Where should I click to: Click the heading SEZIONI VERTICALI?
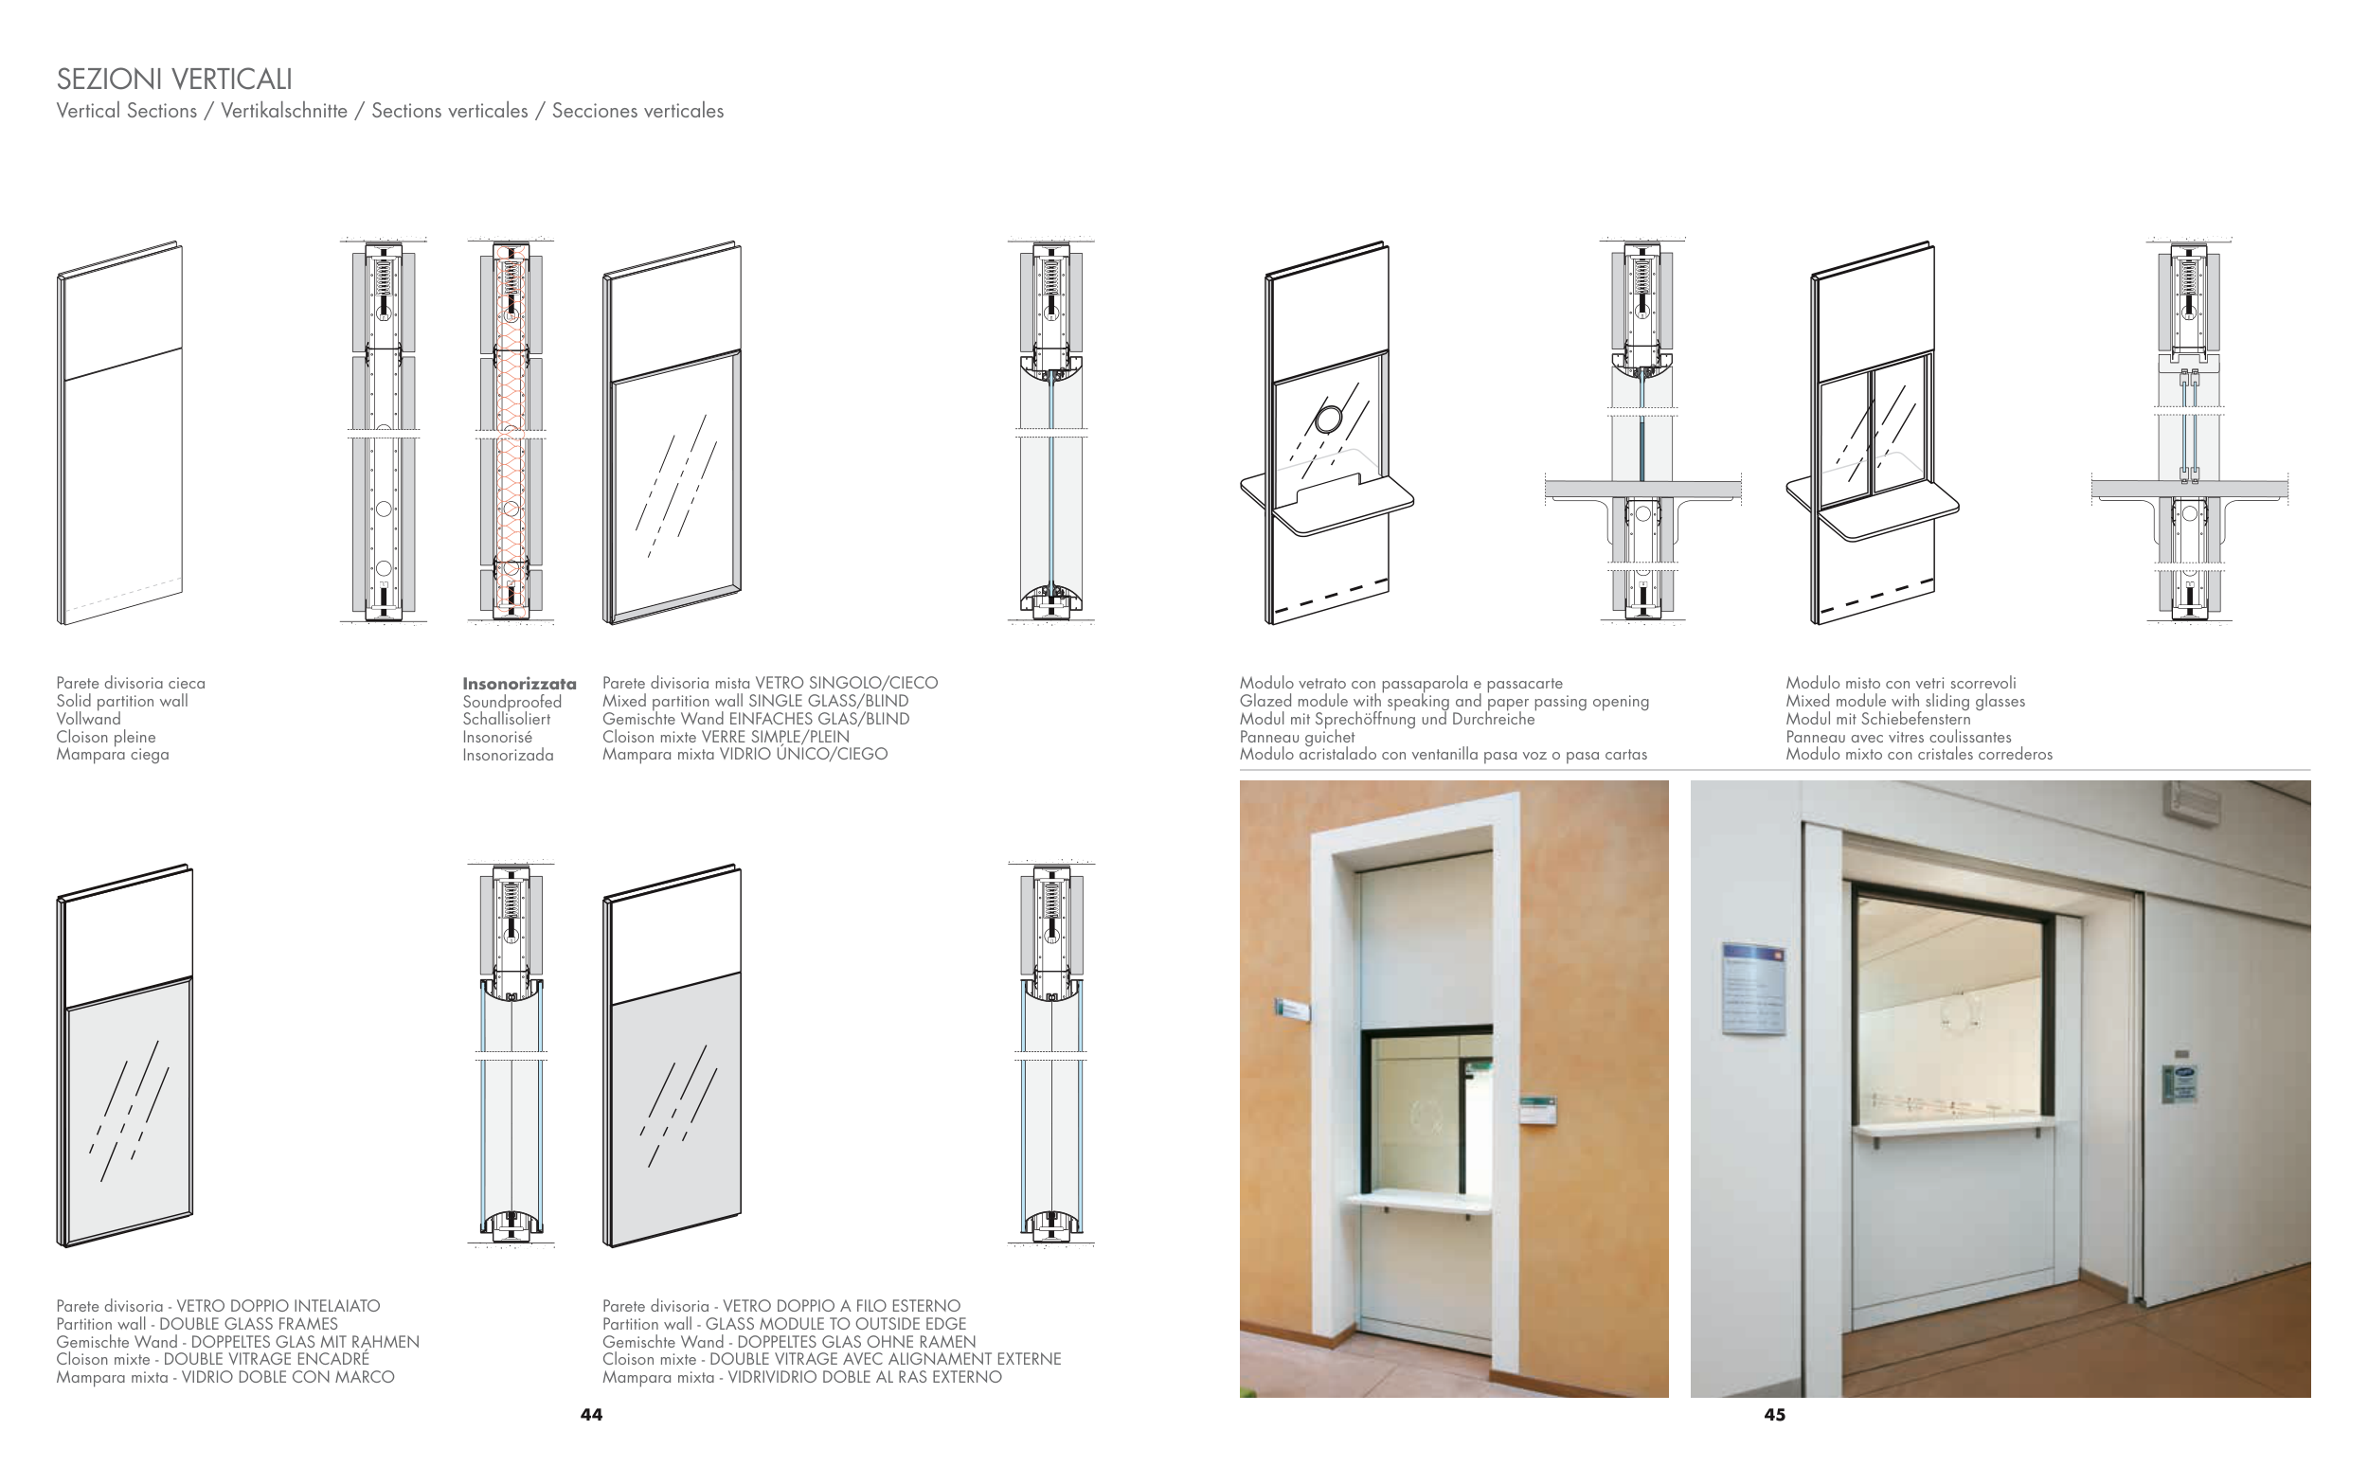tap(174, 79)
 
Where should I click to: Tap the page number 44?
tap(591, 1415)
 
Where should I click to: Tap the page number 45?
tap(1774, 1415)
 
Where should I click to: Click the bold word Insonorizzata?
tap(519, 684)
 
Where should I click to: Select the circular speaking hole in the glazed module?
tap(1329, 420)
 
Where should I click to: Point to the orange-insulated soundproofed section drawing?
tap(511, 432)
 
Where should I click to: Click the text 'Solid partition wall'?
tap(122, 701)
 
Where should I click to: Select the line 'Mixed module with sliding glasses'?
tap(1905, 701)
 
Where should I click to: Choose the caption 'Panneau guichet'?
tap(1297, 737)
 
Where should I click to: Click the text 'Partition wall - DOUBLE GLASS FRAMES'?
tap(197, 1324)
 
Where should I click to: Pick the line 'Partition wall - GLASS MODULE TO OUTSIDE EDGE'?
tap(783, 1324)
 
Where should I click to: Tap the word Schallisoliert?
tap(506, 720)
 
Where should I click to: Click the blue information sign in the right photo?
tap(1753, 989)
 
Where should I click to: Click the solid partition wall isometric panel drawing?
tap(120, 434)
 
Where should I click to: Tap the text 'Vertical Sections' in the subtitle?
tap(127, 111)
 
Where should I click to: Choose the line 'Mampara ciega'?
tap(113, 755)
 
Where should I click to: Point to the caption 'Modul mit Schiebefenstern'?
tap(1877, 720)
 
